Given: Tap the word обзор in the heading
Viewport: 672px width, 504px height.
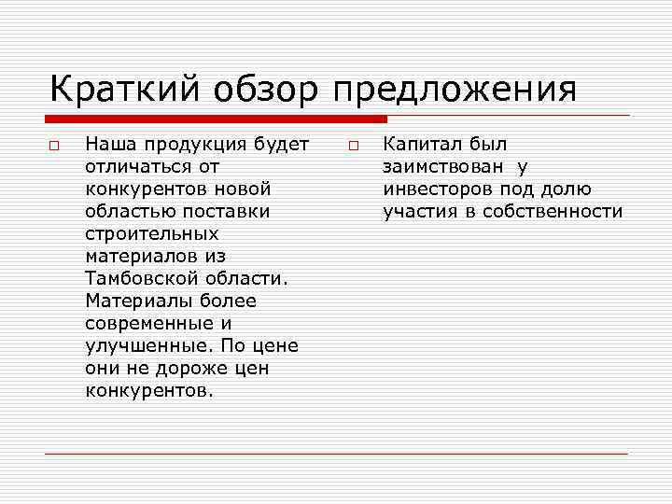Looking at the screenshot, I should point(270,90).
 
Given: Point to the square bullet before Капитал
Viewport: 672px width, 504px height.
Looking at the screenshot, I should point(354,147).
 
